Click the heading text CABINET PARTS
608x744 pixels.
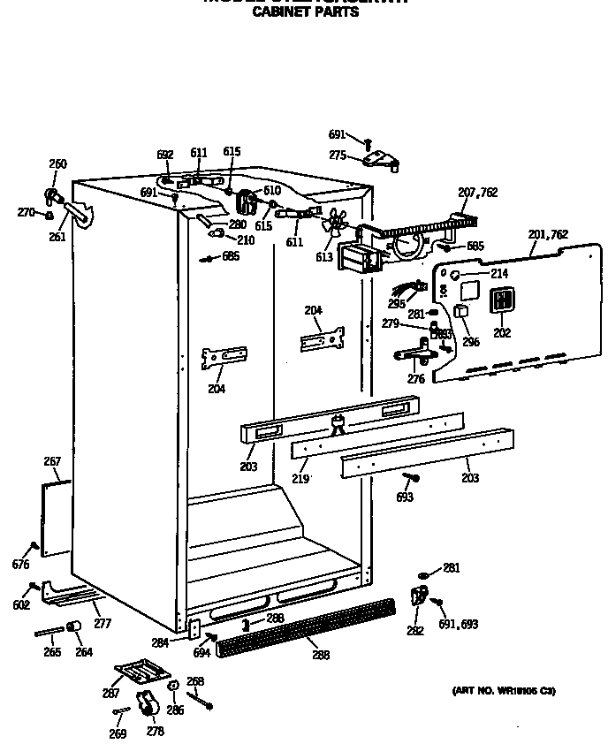pyautogui.click(x=306, y=12)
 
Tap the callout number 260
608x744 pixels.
pyautogui.click(x=57, y=164)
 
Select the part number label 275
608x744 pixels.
pyautogui.click(x=338, y=156)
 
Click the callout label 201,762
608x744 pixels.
pyautogui.click(x=548, y=235)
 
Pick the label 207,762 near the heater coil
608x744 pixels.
pyautogui.click(x=477, y=193)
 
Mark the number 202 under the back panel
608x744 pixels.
pyautogui.click(x=502, y=333)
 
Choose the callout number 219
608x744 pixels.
pyautogui.click(x=300, y=478)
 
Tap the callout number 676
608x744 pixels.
pyautogui.click(x=20, y=565)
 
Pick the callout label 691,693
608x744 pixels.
pyautogui.click(x=459, y=624)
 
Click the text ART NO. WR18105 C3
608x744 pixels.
pyautogui.click(x=504, y=690)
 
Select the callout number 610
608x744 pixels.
pyautogui.click(x=270, y=190)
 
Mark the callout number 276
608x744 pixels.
pyautogui.click(x=416, y=379)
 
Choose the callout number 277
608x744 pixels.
pyautogui.click(x=103, y=624)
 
